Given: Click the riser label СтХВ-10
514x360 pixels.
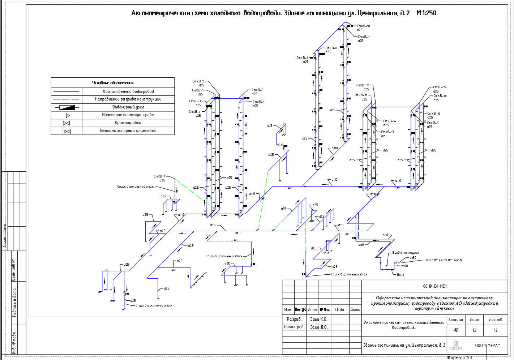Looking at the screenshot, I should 363,26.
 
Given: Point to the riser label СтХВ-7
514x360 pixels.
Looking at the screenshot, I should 302,58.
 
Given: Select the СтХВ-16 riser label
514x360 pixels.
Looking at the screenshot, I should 440,96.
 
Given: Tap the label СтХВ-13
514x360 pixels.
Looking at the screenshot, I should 387,132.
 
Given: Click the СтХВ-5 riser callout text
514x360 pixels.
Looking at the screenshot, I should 257,90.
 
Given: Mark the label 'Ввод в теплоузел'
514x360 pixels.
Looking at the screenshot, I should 406,253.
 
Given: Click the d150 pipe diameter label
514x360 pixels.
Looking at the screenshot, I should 413,258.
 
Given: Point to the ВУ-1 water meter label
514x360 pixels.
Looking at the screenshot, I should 401,275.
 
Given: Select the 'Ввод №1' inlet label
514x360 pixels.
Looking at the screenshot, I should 444,260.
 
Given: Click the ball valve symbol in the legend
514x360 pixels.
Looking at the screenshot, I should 67,123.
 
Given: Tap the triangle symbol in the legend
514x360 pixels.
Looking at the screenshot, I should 67,116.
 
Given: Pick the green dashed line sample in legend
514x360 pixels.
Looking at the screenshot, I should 66,99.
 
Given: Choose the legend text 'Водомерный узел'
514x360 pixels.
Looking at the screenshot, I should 128,107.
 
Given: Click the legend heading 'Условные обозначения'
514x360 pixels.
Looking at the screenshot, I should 113,83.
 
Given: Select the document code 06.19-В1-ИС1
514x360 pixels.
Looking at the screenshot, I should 435,286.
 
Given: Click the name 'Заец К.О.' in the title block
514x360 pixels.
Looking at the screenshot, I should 318,319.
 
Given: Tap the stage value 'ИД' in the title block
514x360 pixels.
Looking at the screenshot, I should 456,330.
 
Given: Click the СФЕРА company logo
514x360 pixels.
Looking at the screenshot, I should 456,346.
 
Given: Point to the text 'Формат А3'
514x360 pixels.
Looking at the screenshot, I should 459,357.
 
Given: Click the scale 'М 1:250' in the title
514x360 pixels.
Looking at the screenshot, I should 426,13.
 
